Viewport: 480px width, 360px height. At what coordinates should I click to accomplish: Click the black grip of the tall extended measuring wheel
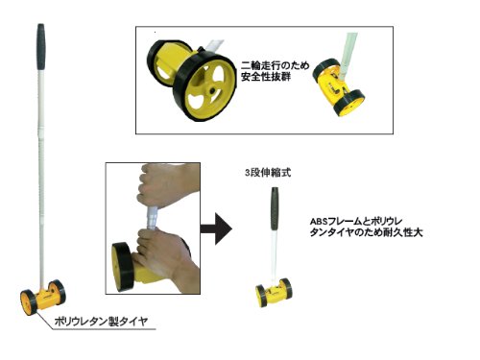(41, 47)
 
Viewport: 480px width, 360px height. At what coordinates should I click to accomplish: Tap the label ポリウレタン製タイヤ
(101, 321)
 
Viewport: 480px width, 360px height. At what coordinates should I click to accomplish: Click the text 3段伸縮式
(268, 173)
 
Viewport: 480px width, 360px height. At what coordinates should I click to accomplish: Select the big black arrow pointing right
(216, 228)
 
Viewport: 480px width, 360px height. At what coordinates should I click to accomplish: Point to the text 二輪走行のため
(276, 65)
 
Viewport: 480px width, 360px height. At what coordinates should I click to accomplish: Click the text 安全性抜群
(266, 77)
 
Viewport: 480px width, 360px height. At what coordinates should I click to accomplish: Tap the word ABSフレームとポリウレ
(356, 221)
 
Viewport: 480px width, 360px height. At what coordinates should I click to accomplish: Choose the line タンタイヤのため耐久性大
(366, 232)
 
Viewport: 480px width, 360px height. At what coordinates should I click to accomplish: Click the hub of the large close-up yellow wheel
(211, 91)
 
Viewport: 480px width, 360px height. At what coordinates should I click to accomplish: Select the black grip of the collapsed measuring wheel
(275, 208)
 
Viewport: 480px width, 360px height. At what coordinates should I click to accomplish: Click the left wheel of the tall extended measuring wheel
(28, 302)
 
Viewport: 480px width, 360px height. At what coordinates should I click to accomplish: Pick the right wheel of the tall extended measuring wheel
(58, 292)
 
